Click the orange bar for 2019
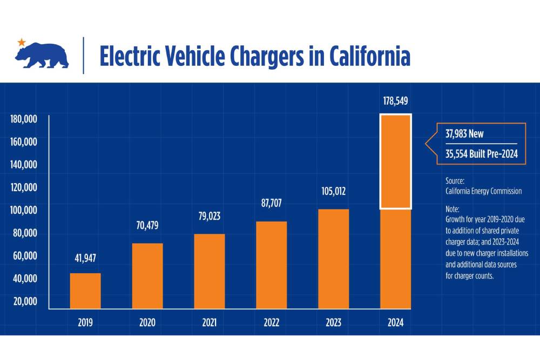tap(85, 291)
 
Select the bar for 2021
tap(210, 271)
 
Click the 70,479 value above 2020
tap(147, 225)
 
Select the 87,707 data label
tap(271, 203)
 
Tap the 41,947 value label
tap(85, 258)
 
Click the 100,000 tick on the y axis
tap(23, 209)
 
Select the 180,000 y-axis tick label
tap(23, 119)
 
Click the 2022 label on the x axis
tap(271, 323)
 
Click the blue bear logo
tap(42, 55)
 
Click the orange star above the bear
tap(21, 42)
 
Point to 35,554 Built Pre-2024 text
tap(481, 153)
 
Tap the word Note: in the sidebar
tap(453, 208)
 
